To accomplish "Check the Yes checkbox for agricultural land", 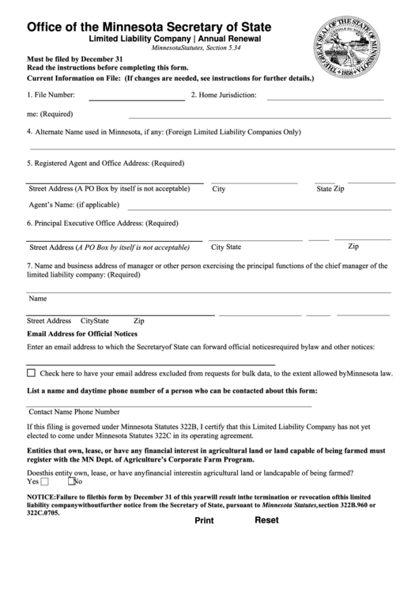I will pos(44,481).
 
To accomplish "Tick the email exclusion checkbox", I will pos(31,372).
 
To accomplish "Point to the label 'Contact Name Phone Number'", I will pos(74,412).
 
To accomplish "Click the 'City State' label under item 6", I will pos(226,247).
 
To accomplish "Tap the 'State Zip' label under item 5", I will pos(330,190).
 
